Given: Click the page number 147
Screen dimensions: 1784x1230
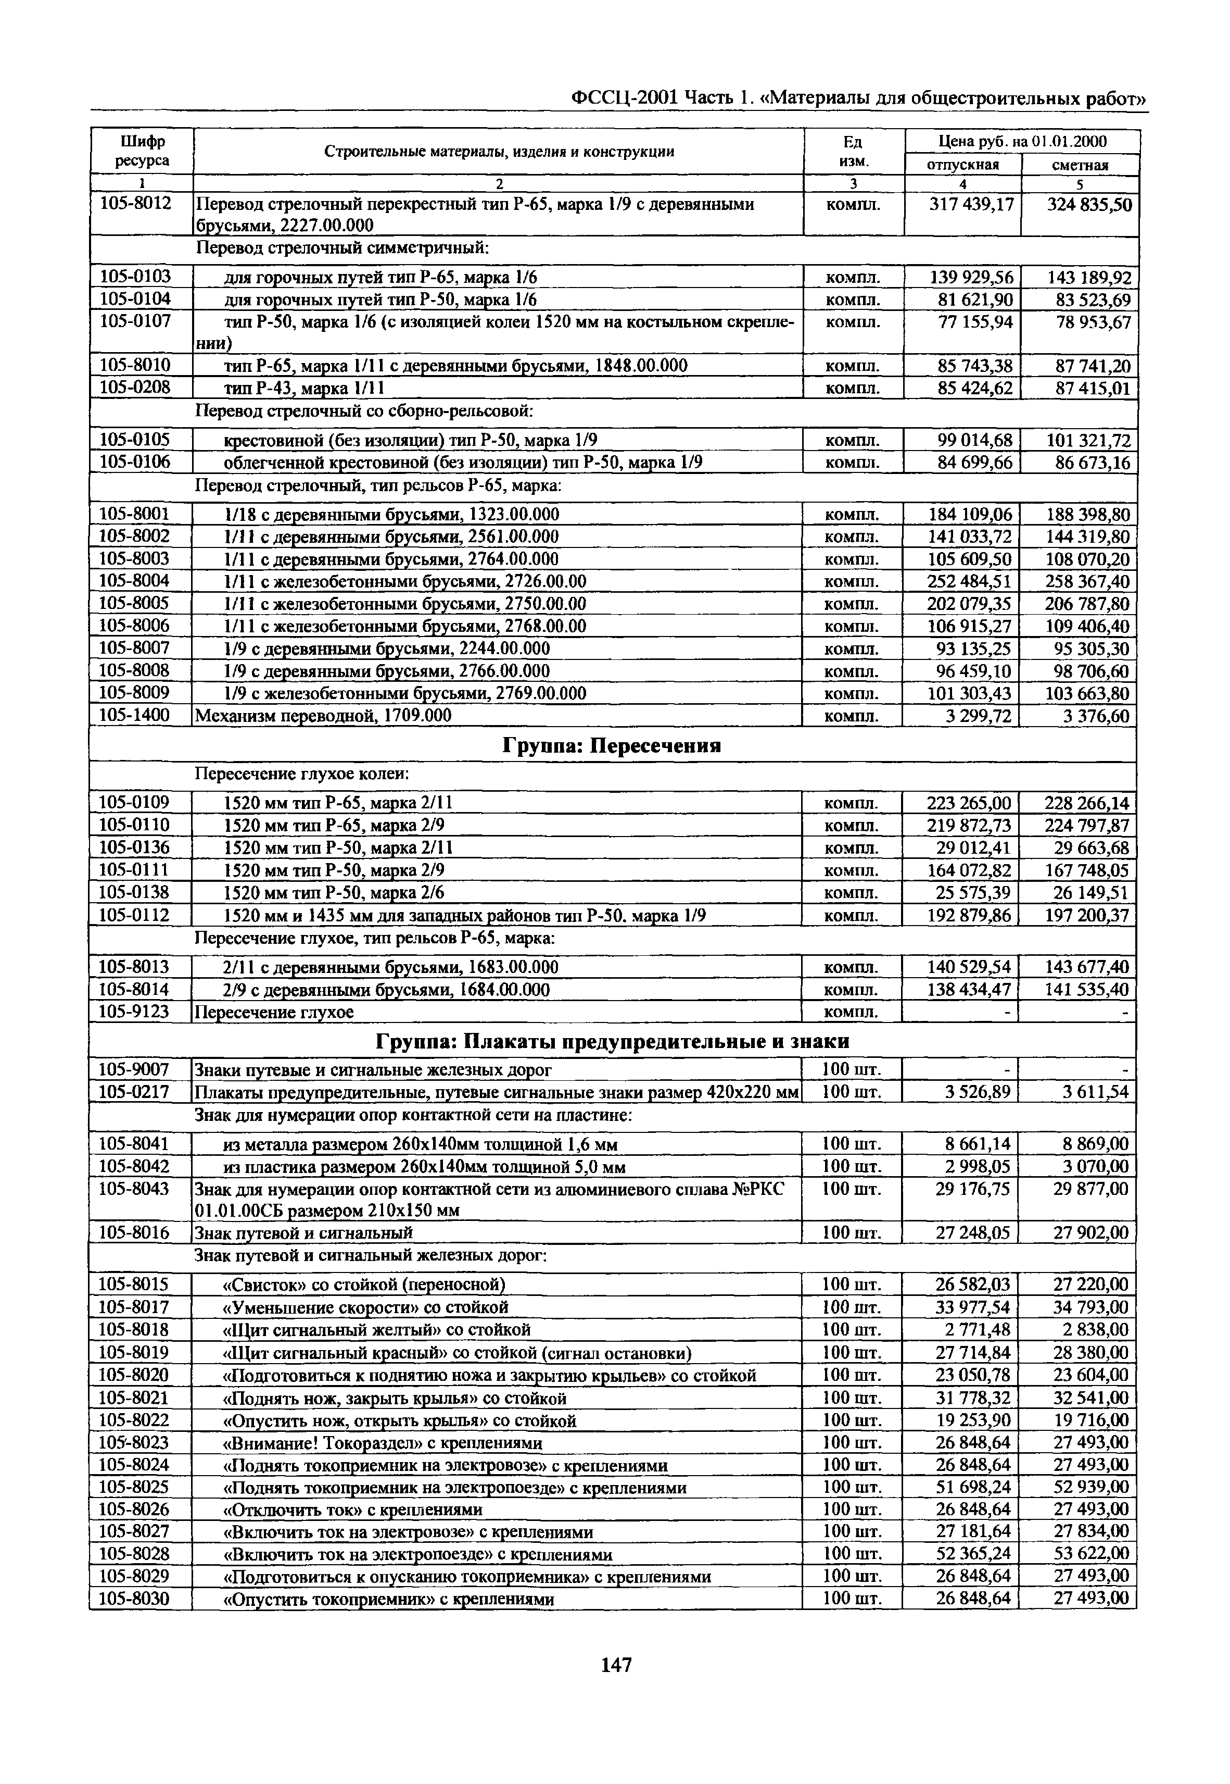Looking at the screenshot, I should tap(616, 1665).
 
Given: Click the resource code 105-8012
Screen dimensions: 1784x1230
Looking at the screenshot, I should tap(136, 204).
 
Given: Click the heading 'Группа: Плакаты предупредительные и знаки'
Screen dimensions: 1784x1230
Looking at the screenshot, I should tap(612, 1042).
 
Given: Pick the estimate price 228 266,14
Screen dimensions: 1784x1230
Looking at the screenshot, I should tap(1086, 803).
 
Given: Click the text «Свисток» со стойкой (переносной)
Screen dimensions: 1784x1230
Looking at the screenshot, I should tap(364, 1284).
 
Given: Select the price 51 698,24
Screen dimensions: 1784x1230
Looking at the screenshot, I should tap(972, 1487).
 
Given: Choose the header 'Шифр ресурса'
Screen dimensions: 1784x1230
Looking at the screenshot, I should tap(142, 151).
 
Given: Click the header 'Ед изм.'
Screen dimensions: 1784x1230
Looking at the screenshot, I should tap(853, 151).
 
